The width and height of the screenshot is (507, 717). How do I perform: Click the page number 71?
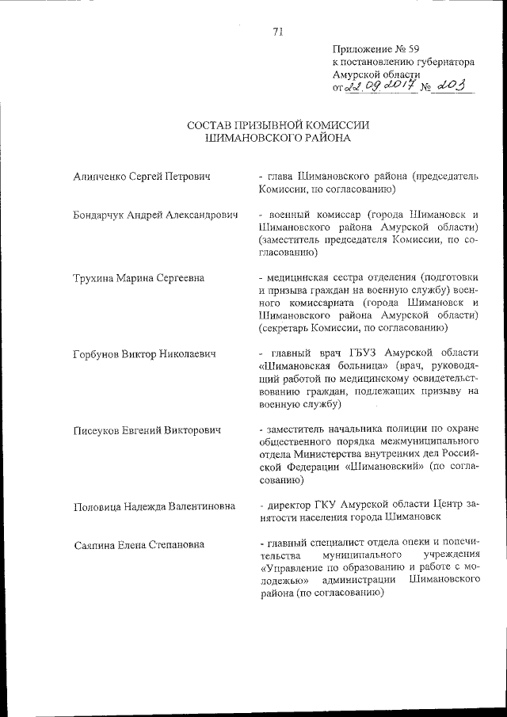pyautogui.click(x=277, y=32)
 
